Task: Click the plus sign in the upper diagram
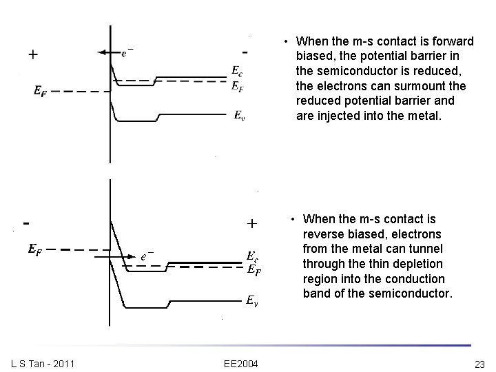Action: coord(33,54)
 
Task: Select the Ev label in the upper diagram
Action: coord(239,115)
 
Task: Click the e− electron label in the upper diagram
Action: coord(127,51)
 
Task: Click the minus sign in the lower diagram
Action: coord(26,223)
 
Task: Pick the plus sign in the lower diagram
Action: coord(252,223)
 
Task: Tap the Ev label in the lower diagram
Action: coord(254,300)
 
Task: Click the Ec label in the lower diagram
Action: coord(253,256)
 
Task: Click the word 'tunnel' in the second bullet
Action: coord(426,248)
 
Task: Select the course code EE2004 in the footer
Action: coord(240,364)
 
